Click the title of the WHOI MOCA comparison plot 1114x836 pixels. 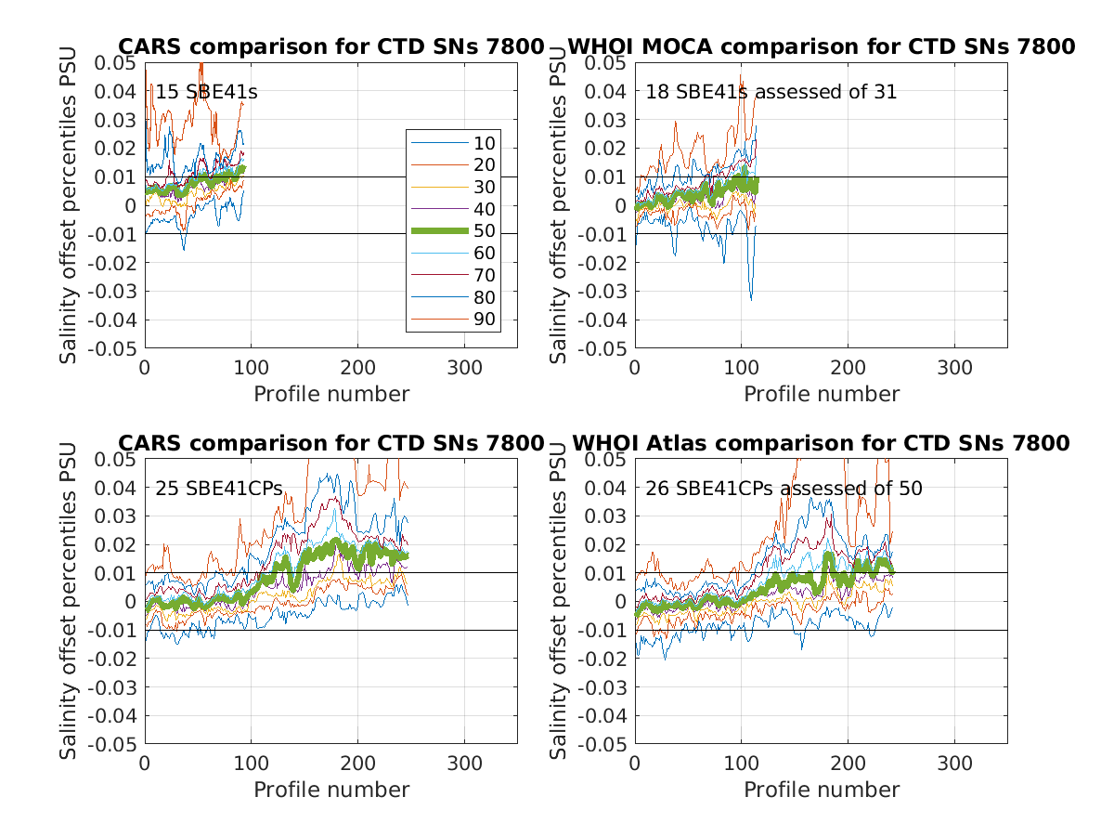(821, 46)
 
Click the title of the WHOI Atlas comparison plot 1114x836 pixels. (821, 443)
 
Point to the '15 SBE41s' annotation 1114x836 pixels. (206, 92)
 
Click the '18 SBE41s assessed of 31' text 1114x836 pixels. (771, 92)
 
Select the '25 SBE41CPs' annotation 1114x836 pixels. (218, 488)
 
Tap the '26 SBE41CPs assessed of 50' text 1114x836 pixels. (784, 488)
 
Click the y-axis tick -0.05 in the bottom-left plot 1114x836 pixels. (115, 745)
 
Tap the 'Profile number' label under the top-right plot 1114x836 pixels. (821, 394)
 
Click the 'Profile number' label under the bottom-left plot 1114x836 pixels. (331, 790)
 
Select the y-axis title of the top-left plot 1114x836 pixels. (69, 205)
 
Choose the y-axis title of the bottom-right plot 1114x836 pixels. (558, 601)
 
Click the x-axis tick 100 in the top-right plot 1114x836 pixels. (741, 368)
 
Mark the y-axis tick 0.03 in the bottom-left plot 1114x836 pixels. (119, 516)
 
